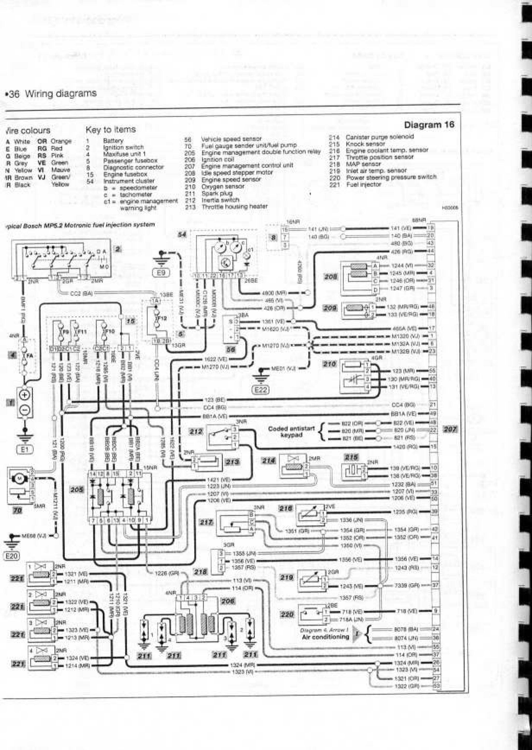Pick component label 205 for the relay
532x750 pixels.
(x=77, y=489)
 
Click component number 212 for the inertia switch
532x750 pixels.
(x=196, y=432)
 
